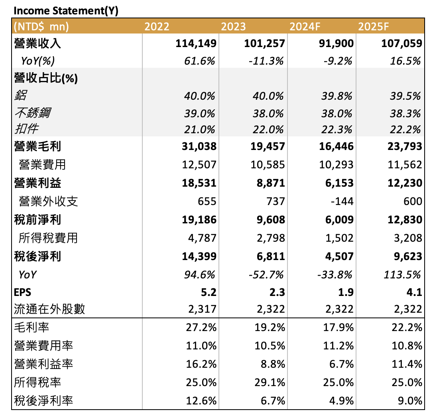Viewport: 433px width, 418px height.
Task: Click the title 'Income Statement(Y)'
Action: tap(66, 11)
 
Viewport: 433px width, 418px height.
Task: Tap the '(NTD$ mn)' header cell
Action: tap(41, 27)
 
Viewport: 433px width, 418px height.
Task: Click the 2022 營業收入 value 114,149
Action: tap(196, 43)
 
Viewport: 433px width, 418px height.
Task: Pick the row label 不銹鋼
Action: tap(32, 113)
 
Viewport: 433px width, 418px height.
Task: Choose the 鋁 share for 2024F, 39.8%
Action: tap(337, 96)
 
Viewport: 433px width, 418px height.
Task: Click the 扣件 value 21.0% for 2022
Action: tap(200, 129)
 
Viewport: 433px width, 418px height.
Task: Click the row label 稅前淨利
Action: tap(37, 219)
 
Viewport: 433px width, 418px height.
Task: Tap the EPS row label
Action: tap(22, 292)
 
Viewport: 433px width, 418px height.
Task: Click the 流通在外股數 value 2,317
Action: tap(202, 309)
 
